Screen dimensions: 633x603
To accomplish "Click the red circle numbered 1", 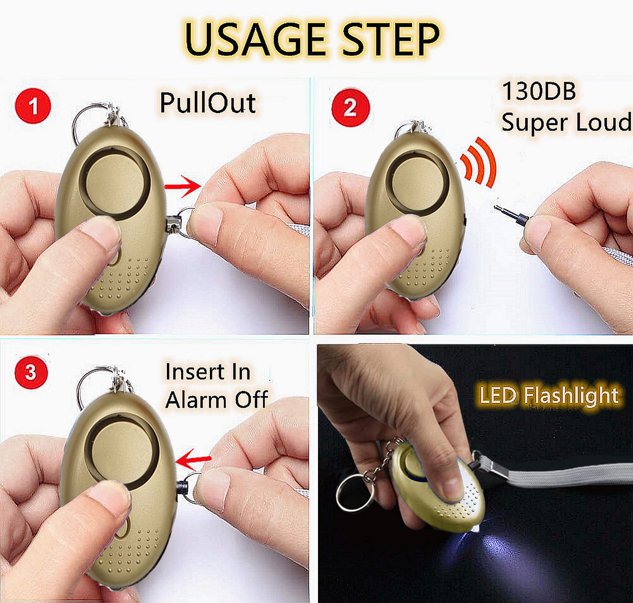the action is (x=33, y=106).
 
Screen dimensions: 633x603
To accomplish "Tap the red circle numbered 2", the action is (x=350, y=106).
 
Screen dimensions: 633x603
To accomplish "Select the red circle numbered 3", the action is (x=31, y=372).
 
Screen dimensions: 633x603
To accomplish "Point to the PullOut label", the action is (x=208, y=103).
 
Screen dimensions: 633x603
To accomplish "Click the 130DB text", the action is (x=539, y=91).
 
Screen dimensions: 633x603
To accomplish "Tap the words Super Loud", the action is (x=567, y=123).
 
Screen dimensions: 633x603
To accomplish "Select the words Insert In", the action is (x=208, y=372).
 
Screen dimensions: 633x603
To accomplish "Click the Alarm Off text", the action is (x=216, y=400).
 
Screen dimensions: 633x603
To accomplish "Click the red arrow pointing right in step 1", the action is (x=183, y=186).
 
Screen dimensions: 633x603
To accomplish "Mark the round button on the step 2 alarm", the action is (x=417, y=182).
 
